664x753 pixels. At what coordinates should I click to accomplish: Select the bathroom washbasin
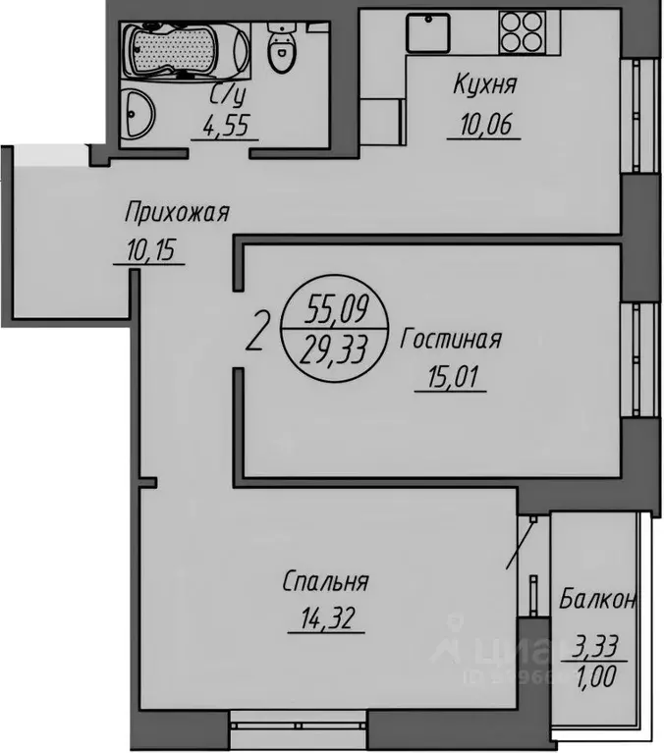[x=139, y=115]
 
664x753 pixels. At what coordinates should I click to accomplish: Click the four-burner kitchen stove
[x=521, y=30]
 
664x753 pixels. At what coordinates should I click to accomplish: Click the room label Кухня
[x=484, y=85]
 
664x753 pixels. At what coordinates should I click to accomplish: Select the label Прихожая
[x=177, y=211]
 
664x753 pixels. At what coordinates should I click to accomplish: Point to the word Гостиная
[x=452, y=340]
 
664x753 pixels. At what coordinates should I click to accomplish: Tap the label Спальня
[x=325, y=582]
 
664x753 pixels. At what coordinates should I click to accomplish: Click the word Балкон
[x=599, y=599]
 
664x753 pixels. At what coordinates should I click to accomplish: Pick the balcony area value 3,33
[x=597, y=648]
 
